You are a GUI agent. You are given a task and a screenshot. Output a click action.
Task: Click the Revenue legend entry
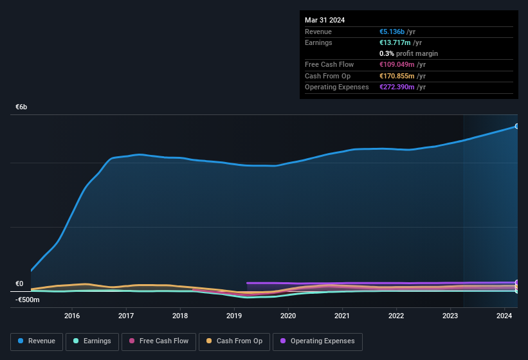pyautogui.click(x=37, y=341)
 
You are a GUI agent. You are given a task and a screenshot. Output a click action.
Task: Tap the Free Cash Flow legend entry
pyautogui.click(x=159, y=341)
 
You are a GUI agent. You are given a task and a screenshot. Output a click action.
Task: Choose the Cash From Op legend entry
pyautogui.click(x=234, y=341)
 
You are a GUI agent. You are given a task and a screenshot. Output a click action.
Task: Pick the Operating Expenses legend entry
pyautogui.click(x=317, y=341)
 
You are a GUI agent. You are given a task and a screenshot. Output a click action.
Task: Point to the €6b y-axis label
pyautogui.click(x=22, y=107)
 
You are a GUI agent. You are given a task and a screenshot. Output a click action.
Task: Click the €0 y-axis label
pyautogui.click(x=19, y=283)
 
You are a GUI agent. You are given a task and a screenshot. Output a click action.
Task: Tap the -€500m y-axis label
pyautogui.click(x=28, y=300)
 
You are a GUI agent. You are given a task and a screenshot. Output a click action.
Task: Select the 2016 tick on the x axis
pyautogui.click(x=72, y=316)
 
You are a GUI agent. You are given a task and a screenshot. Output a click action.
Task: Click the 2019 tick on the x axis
pyautogui.click(x=234, y=316)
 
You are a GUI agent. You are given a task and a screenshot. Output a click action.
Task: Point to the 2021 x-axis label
pyautogui.click(x=342, y=316)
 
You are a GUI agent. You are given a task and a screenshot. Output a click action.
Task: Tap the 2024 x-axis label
pyautogui.click(x=504, y=316)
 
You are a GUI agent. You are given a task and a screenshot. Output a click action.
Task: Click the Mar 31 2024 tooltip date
pyautogui.click(x=325, y=20)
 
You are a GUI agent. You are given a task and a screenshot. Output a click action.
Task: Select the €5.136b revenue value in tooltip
pyautogui.click(x=393, y=32)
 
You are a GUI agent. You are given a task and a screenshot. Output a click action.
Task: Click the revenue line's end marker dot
pyautogui.click(x=517, y=126)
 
